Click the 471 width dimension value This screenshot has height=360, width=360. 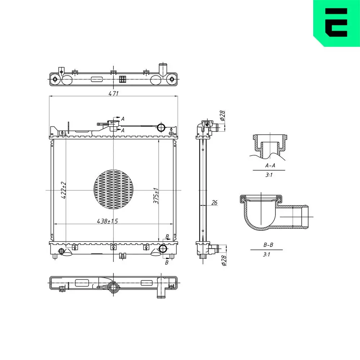113,93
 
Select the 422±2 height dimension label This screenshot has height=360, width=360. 64,190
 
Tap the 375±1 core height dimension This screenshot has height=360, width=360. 156,196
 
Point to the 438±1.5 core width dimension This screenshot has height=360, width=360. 107,221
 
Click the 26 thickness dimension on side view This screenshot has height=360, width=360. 214,202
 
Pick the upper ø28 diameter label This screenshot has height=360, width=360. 222,116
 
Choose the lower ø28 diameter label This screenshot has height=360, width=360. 224,261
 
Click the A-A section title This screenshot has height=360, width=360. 270,165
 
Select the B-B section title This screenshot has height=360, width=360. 268,245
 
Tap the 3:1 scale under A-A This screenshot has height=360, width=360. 269,175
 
